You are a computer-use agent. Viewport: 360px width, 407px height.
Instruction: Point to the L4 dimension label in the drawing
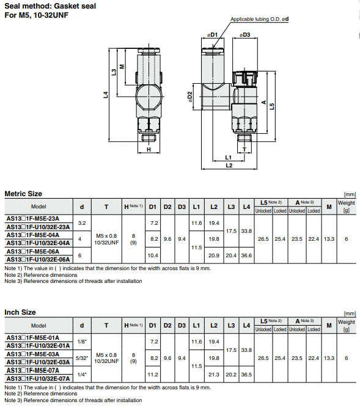pyautogui.click(x=106, y=94)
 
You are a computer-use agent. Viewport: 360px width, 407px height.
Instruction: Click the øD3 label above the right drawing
pyautogui.click(x=244, y=34)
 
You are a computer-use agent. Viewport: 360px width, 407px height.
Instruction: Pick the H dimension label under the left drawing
pyautogui.click(x=148, y=148)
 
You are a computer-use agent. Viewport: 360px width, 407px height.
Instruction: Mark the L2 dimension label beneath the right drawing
pyautogui.click(x=229, y=165)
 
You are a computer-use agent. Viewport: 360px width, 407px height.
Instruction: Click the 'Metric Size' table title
pyautogui.click(x=23, y=194)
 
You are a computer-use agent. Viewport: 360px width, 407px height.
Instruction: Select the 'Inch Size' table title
pyautogui.click(x=20, y=312)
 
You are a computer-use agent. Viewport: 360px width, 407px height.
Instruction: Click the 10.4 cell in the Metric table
pyautogui.click(x=154, y=255)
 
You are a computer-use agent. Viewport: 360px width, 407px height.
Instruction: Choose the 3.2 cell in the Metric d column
pyautogui.click(x=82, y=223)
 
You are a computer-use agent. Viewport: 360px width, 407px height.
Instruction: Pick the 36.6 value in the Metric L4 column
pyautogui.click(x=246, y=255)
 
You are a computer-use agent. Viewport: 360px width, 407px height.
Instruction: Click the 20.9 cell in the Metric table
pyautogui.click(x=214, y=255)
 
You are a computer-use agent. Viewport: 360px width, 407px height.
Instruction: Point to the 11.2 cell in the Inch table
pyautogui.click(x=154, y=373)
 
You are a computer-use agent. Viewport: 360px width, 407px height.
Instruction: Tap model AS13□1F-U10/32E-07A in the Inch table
pyautogui.click(x=39, y=378)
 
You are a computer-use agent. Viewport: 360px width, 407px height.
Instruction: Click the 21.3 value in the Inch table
pyautogui.click(x=214, y=373)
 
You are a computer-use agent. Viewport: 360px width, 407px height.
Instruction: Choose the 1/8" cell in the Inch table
pyautogui.click(x=82, y=342)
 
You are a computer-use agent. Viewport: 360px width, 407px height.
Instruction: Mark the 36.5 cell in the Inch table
pyautogui.click(x=246, y=373)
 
